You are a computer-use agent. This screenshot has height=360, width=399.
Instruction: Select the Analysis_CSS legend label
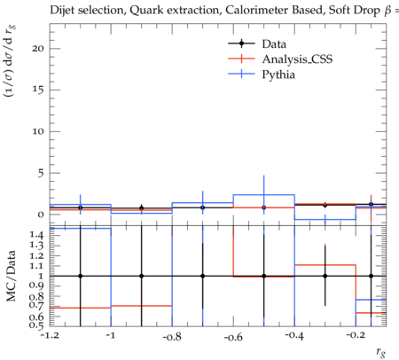point(297,59)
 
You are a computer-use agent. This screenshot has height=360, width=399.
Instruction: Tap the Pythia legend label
point(278,74)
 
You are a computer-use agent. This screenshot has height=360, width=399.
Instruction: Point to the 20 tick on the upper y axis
point(38,49)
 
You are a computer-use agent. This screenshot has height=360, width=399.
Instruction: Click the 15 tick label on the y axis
point(38,90)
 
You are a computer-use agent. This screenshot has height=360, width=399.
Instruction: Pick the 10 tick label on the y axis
point(38,131)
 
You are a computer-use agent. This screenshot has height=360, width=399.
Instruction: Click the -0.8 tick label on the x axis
point(172,336)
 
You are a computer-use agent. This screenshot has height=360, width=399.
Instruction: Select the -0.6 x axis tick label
point(233,336)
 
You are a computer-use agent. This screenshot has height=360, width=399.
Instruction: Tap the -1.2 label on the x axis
point(50,335)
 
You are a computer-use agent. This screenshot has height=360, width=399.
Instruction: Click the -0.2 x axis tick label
point(356,335)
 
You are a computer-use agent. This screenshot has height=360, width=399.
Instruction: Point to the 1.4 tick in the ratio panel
point(36,235)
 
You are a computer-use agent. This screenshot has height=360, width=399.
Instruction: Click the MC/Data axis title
point(12,276)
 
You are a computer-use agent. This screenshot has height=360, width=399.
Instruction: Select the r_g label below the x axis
point(381,352)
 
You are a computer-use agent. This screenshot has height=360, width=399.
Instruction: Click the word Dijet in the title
point(62,11)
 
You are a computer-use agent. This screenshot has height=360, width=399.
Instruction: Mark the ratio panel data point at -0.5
point(264,276)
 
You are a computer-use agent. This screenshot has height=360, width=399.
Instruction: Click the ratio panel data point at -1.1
point(80,276)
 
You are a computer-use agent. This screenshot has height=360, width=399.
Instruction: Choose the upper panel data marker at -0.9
point(142,208)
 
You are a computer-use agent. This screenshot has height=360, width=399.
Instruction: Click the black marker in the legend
point(241,43)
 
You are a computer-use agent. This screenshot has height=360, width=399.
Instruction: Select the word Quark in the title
point(144,11)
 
